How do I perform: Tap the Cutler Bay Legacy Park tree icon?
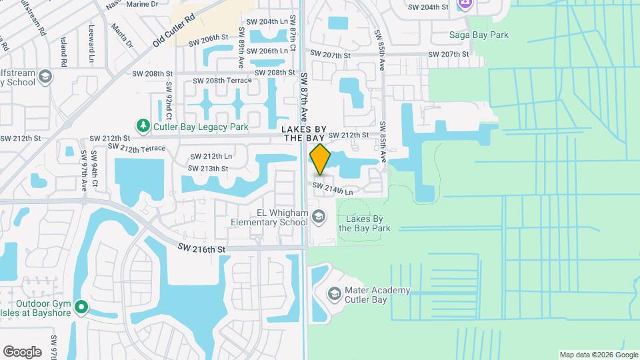(x=143, y=125)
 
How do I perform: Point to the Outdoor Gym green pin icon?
(x=81, y=307)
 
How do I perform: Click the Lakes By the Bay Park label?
(x=364, y=223)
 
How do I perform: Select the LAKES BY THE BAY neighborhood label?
(x=303, y=133)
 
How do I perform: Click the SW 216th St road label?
(x=203, y=249)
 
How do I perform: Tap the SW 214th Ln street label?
(x=332, y=189)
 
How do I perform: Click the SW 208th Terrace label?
(x=223, y=81)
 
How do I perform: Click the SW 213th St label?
(x=208, y=169)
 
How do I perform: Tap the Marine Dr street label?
(x=142, y=4)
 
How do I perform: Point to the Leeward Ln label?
(x=91, y=41)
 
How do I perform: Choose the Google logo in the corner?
(x=22, y=351)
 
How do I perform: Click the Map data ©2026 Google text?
(x=599, y=355)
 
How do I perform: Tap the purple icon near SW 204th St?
(x=465, y=4)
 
